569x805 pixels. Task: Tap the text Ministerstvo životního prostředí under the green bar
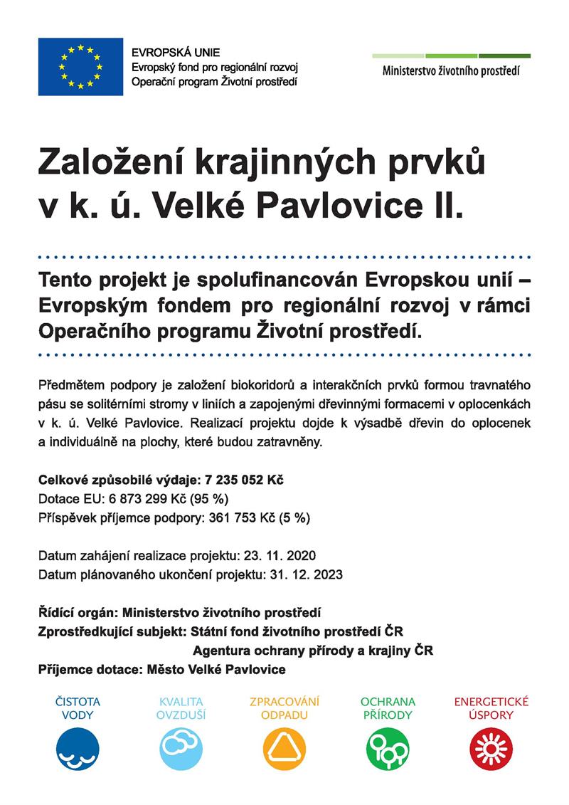(x=451, y=71)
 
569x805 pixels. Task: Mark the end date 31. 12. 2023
(x=307, y=574)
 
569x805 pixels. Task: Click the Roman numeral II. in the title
(x=443, y=206)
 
